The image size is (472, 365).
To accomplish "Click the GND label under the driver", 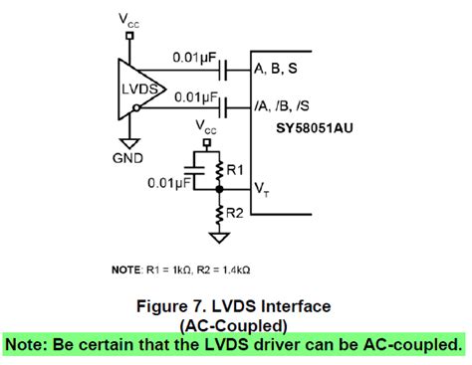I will [x=128, y=158].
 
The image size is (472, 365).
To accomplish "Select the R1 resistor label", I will [x=235, y=171].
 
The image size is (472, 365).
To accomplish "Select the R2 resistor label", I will [x=235, y=213].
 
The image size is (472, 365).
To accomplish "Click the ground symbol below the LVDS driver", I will [x=128, y=141].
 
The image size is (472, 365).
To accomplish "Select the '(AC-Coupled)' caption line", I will [x=235, y=325].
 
